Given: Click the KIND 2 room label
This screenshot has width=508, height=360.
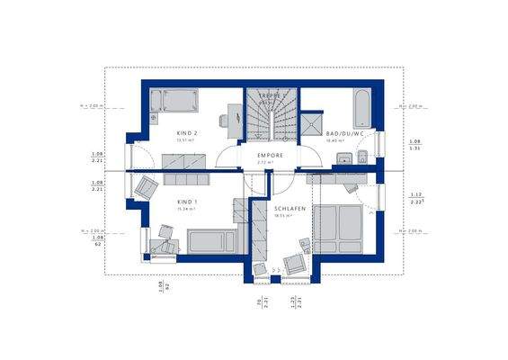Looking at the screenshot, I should pos(187,133).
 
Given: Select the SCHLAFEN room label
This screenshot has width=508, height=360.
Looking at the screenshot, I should pos(290,209).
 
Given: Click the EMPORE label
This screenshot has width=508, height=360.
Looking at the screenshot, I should pos(270,156).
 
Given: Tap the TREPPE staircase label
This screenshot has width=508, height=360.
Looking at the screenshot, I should pos(272,94).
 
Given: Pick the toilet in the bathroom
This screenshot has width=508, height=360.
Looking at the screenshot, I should pos(361,159).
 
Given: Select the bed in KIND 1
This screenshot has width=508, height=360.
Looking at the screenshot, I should pos(211,241).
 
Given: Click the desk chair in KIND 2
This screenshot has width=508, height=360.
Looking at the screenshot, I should pos(221,120).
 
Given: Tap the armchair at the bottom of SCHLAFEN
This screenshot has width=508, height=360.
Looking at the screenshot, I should pos(293,263).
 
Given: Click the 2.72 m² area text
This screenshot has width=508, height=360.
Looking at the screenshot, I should pos(270,162).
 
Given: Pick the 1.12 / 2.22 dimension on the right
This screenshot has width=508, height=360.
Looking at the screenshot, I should pos(415,198).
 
